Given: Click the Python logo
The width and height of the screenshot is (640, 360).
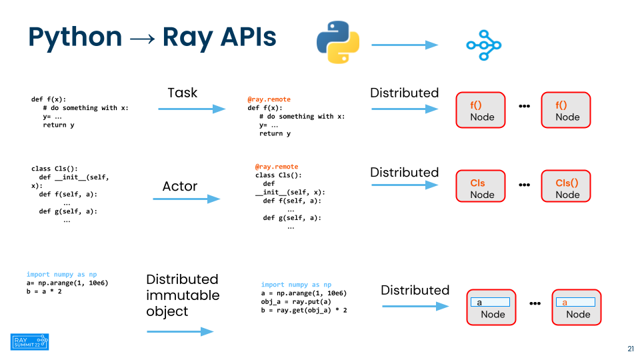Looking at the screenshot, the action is click(x=338, y=42).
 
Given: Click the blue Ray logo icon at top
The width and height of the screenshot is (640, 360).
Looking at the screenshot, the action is click(x=484, y=45).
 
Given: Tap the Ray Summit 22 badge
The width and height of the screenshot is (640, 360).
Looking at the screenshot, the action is click(x=29, y=341).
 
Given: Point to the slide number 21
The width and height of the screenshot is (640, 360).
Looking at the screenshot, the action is click(x=631, y=349).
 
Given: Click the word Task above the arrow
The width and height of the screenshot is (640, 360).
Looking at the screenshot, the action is click(x=183, y=93).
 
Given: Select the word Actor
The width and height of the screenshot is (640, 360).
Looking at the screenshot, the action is click(x=180, y=186).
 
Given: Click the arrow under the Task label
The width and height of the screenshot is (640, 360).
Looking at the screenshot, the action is click(x=192, y=109).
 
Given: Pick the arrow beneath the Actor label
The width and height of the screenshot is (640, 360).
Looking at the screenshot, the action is click(x=187, y=199).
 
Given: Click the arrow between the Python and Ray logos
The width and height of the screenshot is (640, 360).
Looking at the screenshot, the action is click(x=405, y=45).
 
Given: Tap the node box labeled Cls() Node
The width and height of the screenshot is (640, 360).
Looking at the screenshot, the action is click(x=566, y=186).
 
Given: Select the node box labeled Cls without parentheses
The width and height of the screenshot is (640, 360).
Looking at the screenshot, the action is click(x=481, y=186).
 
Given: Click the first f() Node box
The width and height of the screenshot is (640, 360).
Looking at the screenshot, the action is click(x=481, y=110).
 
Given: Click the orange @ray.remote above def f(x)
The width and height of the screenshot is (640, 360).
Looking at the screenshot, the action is click(x=269, y=99).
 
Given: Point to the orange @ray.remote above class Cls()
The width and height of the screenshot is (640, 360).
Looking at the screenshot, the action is click(x=276, y=167).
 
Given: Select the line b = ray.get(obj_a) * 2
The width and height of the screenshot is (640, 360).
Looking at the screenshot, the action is click(x=304, y=310).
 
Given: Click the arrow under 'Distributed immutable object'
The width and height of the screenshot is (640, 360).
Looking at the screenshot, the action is click(x=180, y=331).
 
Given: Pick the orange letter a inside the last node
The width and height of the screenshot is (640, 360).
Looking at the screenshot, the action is click(x=565, y=303).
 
